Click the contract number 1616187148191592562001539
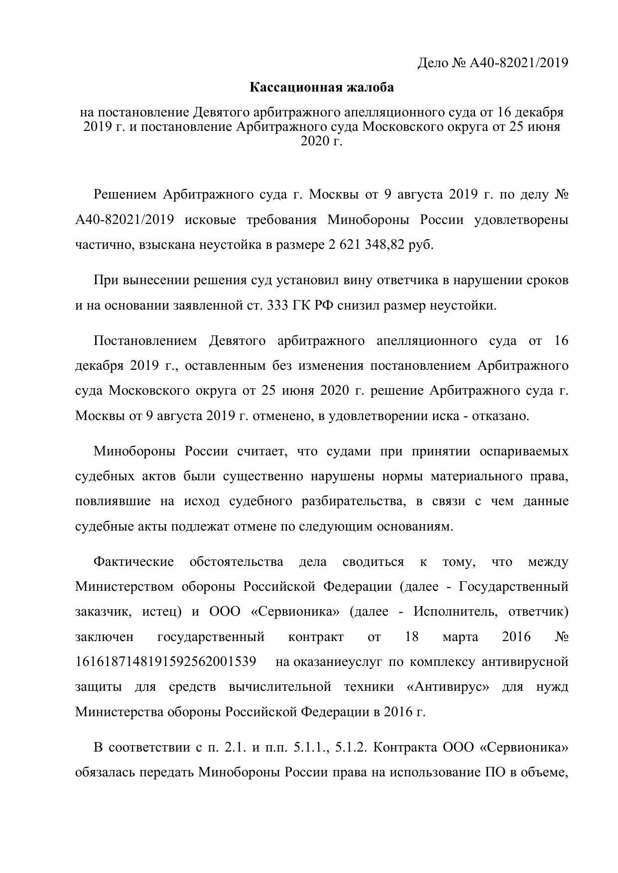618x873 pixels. click(166, 662)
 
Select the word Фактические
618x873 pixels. click(133, 562)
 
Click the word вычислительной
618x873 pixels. click(280, 687)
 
